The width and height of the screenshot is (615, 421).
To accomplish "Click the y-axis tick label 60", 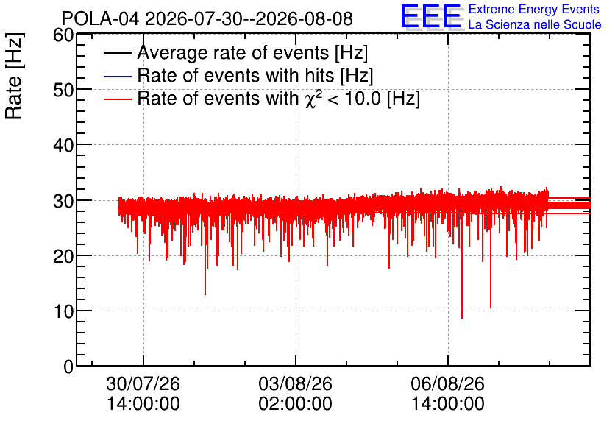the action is click(x=63, y=35).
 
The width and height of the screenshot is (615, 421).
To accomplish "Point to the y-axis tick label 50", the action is click(x=63, y=91).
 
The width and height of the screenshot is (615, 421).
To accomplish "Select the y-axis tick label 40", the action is click(x=63, y=146).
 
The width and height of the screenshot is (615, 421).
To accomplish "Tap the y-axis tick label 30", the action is click(x=63, y=201).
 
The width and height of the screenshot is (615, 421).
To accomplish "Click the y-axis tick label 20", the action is click(x=63, y=256).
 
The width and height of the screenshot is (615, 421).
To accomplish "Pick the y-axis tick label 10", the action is click(x=63, y=311).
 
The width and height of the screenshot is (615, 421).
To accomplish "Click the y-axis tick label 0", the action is click(x=68, y=367).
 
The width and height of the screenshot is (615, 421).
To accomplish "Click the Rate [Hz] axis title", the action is click(x=14, y=76).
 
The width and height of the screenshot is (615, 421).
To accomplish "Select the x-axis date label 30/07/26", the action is click(x=143, y=383).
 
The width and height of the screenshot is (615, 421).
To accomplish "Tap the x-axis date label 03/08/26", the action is click(x=295, y=383).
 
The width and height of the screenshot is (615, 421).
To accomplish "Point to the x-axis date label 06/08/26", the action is click(x=447, y=383).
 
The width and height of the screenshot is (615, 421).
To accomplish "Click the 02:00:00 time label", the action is click(x=295, y=404).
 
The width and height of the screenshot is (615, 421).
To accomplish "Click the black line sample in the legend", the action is click(x=117, y=53).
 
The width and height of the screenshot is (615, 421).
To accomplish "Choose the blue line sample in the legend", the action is click(x=117, y=76).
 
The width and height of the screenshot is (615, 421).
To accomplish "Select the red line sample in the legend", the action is click(x=117, y=99).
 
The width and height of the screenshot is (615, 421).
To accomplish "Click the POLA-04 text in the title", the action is click(x=100, y=18).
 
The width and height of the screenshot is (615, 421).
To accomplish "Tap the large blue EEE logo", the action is click(x=430, y=16).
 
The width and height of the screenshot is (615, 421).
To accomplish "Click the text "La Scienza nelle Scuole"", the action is click(x=535, y=25).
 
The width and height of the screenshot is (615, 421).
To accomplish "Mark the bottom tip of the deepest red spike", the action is click(x=462, y=318).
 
